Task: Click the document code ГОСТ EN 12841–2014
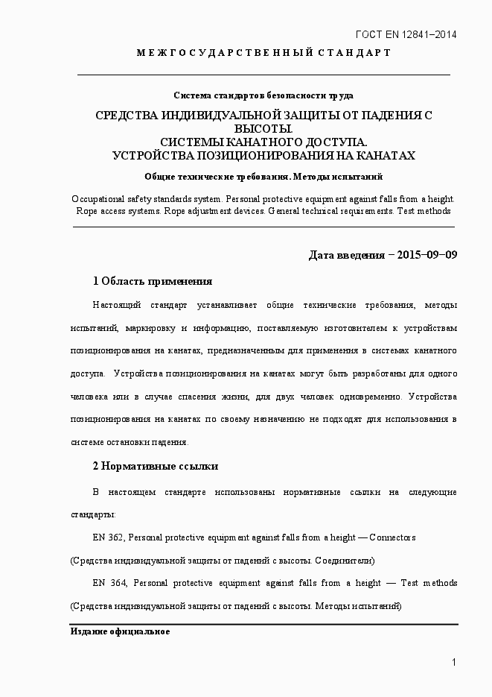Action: point(406,34)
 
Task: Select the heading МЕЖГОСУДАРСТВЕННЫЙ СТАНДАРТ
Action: point(263,53)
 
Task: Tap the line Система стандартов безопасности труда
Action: point(263,95)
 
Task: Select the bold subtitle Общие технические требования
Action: point(216,177)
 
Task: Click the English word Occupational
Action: point(102,200)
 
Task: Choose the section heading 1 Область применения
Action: point(152,281)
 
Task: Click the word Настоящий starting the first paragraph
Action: point(117,306)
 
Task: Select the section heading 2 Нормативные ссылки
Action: point(155,466)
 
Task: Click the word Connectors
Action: point(392,537)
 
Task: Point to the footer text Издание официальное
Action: point(120,631)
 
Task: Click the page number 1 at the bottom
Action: point(453,663)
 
